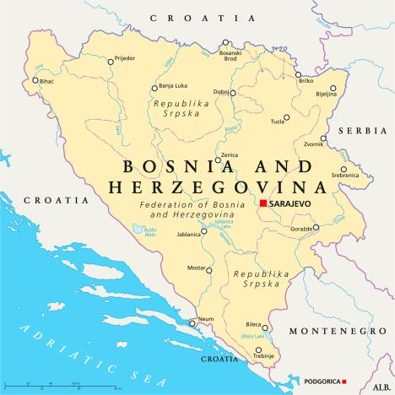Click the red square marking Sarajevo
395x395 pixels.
(x=263, y=203)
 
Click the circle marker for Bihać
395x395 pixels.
(x=35, y=81)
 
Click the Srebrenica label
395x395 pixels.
(x=345, y=175)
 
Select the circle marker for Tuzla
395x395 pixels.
(x=286, y=117)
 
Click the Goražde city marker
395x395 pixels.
(x=317, y=226)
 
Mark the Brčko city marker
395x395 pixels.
(x=298, y=74)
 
